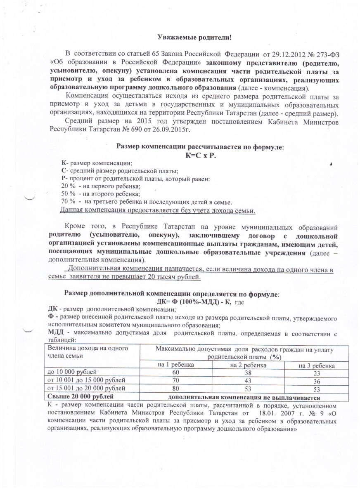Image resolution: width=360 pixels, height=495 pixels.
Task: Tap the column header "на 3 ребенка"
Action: point(317,366)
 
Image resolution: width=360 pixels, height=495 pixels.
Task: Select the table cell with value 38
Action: point(248,373)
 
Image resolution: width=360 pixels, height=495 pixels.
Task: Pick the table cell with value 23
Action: point(317,373)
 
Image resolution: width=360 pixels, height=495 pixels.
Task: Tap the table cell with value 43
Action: point(248,381)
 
